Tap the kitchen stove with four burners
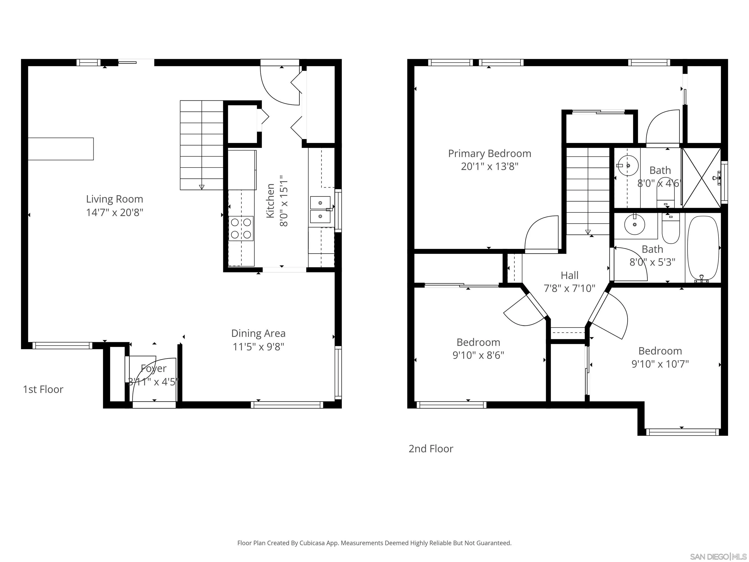pyautogui.click(x=241, y=228)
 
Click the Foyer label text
pyautogui.click(x=154, y=368)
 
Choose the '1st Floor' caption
pyautogui.click(x=43, y=389)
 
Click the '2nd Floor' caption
pyautogui.click(x=431, y=449)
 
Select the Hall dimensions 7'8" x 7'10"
pyautogui.click(x=570, y=288)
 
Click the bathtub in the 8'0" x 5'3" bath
pyautogui.click(x=703, y=248)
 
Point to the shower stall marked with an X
pyautogui.click(x=701, y=178)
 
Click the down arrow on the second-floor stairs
pyautogui.click(x=588, y=232)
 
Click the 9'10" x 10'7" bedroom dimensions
pyautogui.click(x=660, y=364)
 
